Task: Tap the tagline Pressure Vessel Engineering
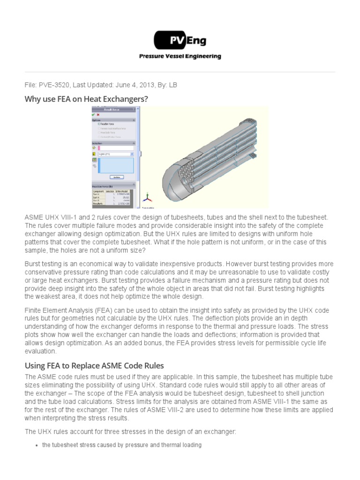tap(180, 56)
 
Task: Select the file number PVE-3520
tap(55, 85)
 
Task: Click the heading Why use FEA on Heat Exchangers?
tap(86, 99)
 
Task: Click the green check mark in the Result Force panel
tap(94, 115)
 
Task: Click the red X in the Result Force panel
tap(98, 115)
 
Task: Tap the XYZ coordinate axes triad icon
tap(147, 197)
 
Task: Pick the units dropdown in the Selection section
tap(115, 154)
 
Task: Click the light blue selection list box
tap(115, 165)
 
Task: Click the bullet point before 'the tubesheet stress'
tap(37, 445)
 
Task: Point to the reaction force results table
tap(112, 197)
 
